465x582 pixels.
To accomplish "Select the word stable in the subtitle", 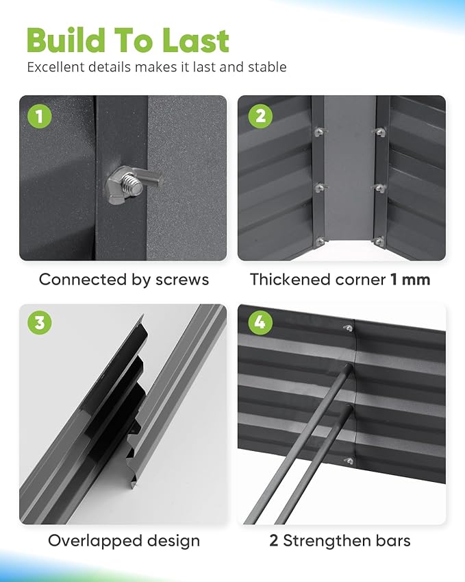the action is (x=267, y=67).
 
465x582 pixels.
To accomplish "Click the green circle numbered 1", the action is (x=39, y=116).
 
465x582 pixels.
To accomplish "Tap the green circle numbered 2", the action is (x=260, y=116).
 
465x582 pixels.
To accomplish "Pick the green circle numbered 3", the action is (x=39, y=322).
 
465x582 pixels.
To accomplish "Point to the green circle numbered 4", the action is (x=260, y=322).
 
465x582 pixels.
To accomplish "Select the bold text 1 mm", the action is (x=410, y=280).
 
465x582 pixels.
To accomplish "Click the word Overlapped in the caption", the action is (x=95, y=541).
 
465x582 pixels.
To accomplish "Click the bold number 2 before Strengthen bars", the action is (x=274, y=541).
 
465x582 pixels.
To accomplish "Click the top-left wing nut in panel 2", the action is (x=319, y=132).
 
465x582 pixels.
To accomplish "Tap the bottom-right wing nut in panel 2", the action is (x=379, y=241).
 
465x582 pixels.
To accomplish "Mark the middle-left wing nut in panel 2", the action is (x=321, y=188).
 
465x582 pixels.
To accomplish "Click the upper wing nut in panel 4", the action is (x=348, y=328).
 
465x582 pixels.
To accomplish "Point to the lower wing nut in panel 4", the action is (x=349, y=461).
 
